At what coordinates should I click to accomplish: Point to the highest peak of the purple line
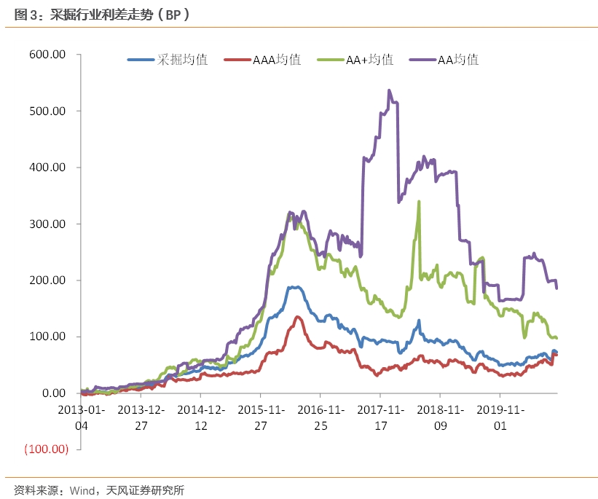coord(389,90)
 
